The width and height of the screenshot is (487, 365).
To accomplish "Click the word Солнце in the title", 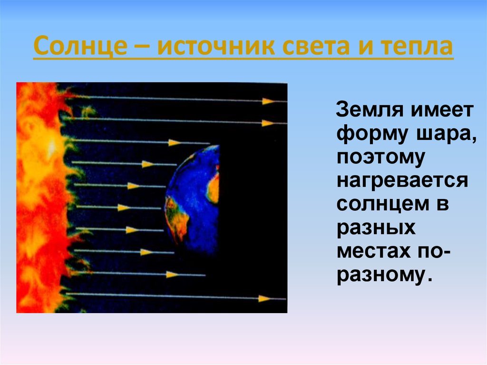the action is (x=80, y=46).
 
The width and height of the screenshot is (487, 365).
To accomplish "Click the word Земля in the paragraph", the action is (x=370, y=109).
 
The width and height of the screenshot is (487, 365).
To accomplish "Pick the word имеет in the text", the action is (x=442, y=109).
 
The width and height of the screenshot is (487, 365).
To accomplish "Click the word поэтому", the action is (x=381, y=158).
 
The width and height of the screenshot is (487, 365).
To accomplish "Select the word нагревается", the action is (x=402, y=181).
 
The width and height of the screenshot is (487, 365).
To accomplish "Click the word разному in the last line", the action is (x=380, y=276).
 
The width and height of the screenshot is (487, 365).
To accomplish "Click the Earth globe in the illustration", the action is (x=193, y=199).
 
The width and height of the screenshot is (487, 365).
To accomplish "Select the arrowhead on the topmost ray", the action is (x=268, y=101).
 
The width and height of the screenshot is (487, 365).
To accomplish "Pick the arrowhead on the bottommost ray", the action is (x=264, y=299).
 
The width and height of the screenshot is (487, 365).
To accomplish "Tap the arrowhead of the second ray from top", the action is (x=268, y=123).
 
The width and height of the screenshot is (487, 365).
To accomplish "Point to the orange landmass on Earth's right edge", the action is (x=214, y=188).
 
